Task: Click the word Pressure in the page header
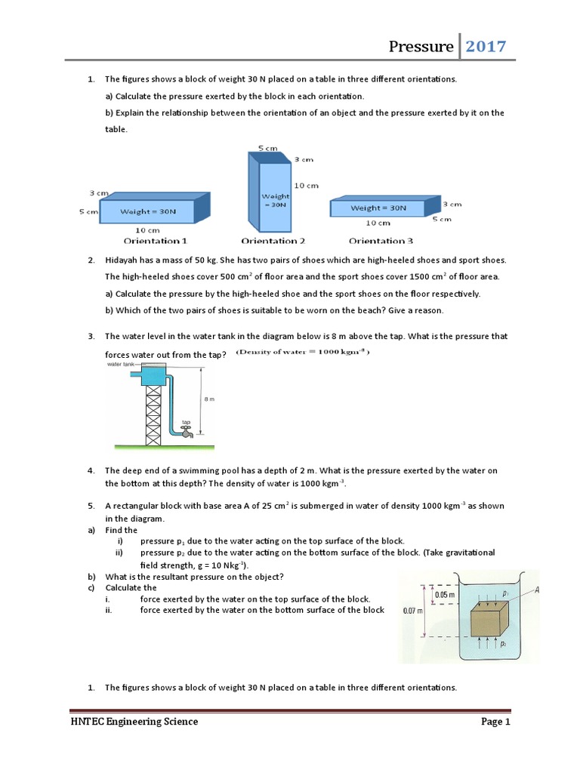(421, 47)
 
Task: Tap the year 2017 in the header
(486, 47)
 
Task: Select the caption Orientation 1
(156, 241)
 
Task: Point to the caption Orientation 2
(273, 241)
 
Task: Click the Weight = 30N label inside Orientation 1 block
(148, 211)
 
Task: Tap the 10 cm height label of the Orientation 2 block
(306, 185)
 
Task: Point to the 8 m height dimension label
(211, 400)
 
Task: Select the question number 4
(91, 470)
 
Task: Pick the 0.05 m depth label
(444, 596)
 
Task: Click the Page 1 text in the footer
(496, 722)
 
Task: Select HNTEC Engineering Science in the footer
(134, 722)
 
